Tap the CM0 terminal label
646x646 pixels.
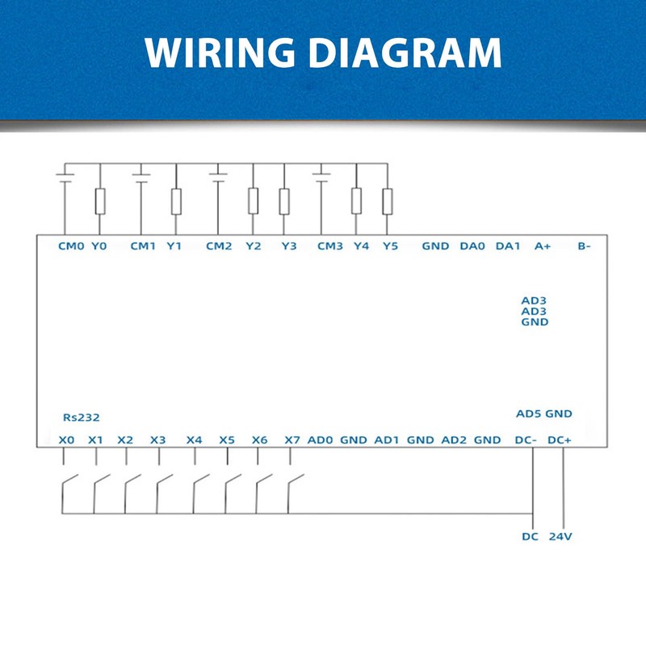(x=71, y=246)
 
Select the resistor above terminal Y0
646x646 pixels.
(x=99, y=201)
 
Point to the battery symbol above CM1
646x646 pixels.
(x=141, y=176)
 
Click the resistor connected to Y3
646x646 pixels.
(x=283, y=201)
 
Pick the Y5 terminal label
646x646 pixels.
(x=390, y=246)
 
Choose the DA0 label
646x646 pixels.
(x=472, y=246)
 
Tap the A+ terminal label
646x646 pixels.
(x=543, y=246)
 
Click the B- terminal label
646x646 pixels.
(x=584, y=246)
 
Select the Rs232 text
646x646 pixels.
(x=81, y=417)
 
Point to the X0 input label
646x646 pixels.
(x=67, y=440)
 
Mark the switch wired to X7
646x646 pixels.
(x=296, y=484)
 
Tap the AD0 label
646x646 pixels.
(x=321, y=440)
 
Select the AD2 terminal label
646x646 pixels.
(x=454, y=440)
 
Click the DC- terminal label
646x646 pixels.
(x=526, y=440)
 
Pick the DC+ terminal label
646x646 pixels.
(x=560, y=440)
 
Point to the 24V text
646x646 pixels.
(x=560, y=536)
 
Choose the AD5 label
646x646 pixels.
(x=528, y=413)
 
